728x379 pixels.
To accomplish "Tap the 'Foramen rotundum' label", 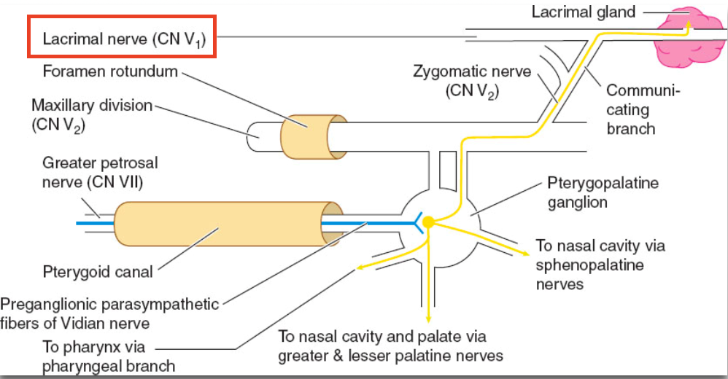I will pos(110,71).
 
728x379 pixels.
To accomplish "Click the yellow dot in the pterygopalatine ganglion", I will pos(428,222).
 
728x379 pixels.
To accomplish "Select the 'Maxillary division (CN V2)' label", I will pos(92,114).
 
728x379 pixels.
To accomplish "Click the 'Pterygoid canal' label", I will pos(98,272).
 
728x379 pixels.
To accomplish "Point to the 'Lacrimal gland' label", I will pos(583,12).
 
